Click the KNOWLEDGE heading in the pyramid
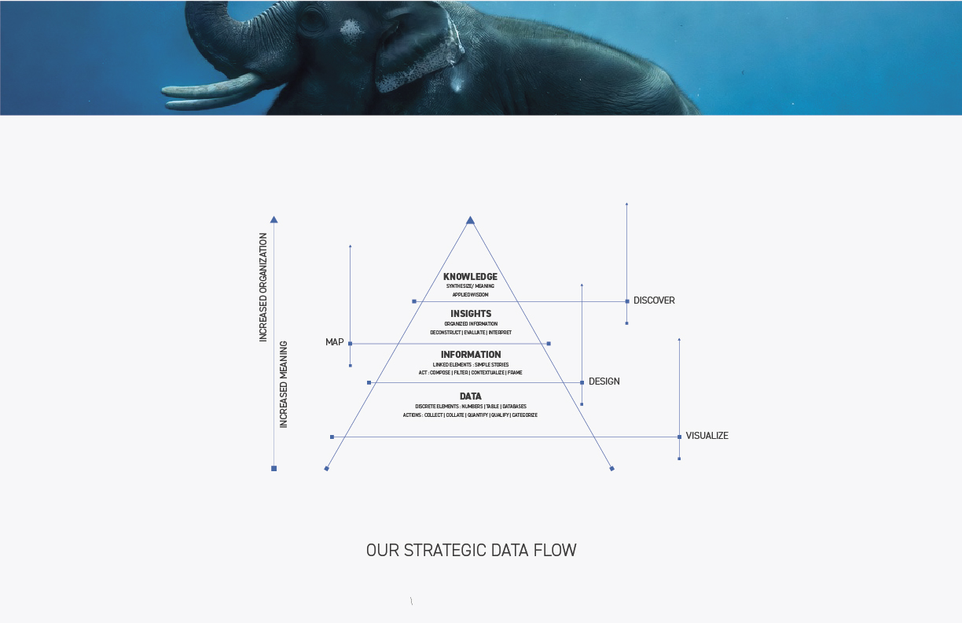pyautogui.click(x=470, y=277)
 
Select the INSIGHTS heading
pyautogui.click(x=471, y=314)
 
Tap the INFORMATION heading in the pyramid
pyautogui.click(x=471, y=355)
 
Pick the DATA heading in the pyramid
pyautogui.click(x=471, y=396)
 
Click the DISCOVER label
pyautogui.click(x=654, y=300)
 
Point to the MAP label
pyautogui.click(x=335, y=342)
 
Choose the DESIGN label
pyautogui.click(x=604, y=382)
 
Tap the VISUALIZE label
pyautogui.click(x=707, y=436)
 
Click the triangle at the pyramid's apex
pyautogui.click(x=470, y=220)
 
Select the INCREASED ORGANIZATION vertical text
pyautogui.click(x=263, y=286)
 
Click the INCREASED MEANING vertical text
pyautogui.click(x=284, y=384)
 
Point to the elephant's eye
pyautogui.click(x=312, y=20)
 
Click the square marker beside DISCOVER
pyautogui.click(x=626, y=301)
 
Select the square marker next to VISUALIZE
pyautogui.click(x=679, y=437)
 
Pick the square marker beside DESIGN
pyautogui.click(x=582, y=382)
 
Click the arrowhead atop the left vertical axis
pyautogui.click(x=274, y=219)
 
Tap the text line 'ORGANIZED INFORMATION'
pyautogui.click(x=471, y=324)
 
